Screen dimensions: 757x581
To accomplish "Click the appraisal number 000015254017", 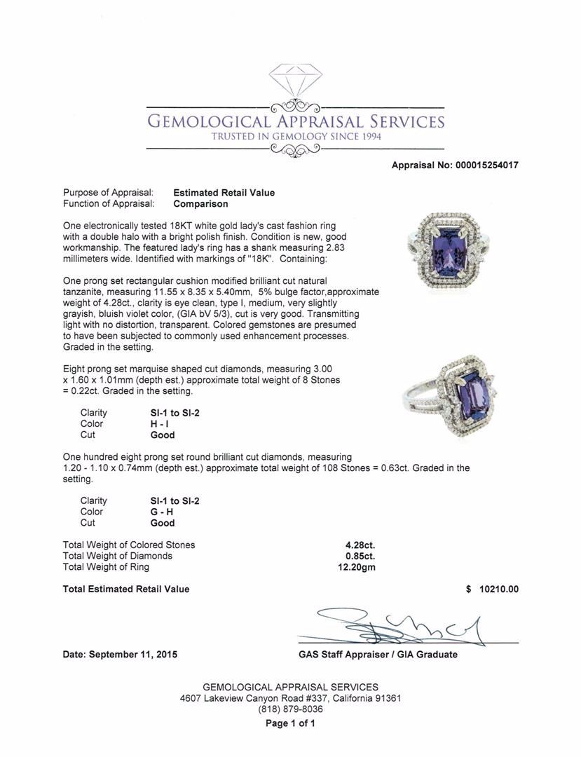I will (481, 165).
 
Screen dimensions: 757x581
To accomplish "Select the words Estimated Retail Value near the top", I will (224, 193).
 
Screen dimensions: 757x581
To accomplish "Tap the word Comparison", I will (200, 204).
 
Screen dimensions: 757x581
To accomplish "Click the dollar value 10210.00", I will (499, 589).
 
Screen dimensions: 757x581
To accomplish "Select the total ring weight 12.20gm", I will (357, 567).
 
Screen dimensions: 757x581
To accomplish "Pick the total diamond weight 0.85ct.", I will (361, 556).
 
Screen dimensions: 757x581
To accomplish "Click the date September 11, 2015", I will (120, 655).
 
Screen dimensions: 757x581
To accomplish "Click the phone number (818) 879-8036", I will (290, 709).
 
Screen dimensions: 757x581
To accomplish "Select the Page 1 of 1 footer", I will (290, 723).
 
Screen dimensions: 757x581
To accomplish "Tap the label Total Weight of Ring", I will (106, 567).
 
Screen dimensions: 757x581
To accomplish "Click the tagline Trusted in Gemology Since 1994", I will (296, 137).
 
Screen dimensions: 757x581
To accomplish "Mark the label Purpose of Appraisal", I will (108, 193).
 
